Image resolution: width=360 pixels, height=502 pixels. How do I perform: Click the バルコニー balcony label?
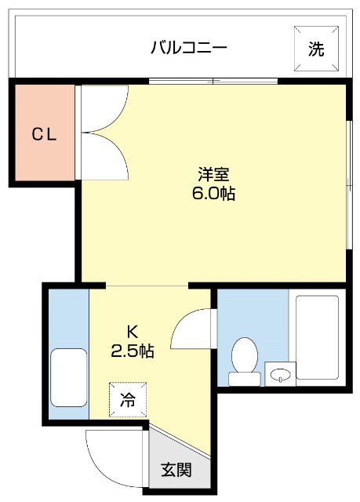pyautogui.click(x=188, y=48)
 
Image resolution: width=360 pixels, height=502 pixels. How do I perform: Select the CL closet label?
pyautogui.click(x=44, y=134)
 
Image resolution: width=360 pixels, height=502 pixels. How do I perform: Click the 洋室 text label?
pyautogui.click(x=213, y=175)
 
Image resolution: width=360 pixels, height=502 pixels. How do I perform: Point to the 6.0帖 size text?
pyautogui.click(x=213, y=193)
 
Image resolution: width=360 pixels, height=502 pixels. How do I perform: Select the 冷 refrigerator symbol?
pyautogui.click(x=127, y=399)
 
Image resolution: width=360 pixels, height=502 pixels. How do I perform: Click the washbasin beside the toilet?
pyautogui.click(x=278, y=375)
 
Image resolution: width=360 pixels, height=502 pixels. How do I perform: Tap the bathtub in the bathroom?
pyautogui.click(x=317, y=337)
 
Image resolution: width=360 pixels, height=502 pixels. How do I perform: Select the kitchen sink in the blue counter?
pyautogui.click(x=68, y=376)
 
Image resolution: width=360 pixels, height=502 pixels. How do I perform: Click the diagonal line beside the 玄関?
pyautogui.click(x=180, y=440)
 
